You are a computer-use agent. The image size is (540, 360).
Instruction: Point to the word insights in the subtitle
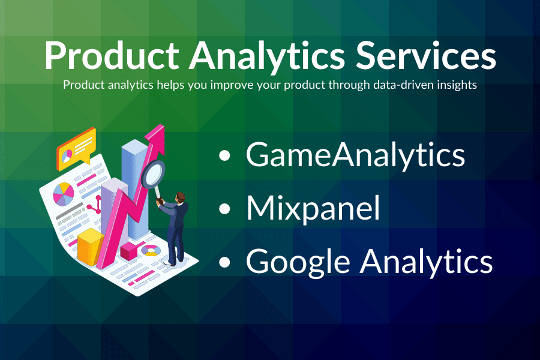click(457, 85)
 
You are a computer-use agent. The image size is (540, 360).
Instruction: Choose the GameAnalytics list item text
click(355, 155)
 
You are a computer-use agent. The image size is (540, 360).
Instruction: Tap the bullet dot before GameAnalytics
click(224, 157)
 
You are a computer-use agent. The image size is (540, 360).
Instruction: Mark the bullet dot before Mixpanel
click(224, 209)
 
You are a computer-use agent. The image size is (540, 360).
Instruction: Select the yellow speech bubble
click(76, 148)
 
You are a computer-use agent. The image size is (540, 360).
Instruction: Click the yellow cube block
click(91, 246)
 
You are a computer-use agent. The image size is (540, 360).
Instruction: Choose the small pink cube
click(129, 251)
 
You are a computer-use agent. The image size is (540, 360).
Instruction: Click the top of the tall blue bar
click(133, 148)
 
